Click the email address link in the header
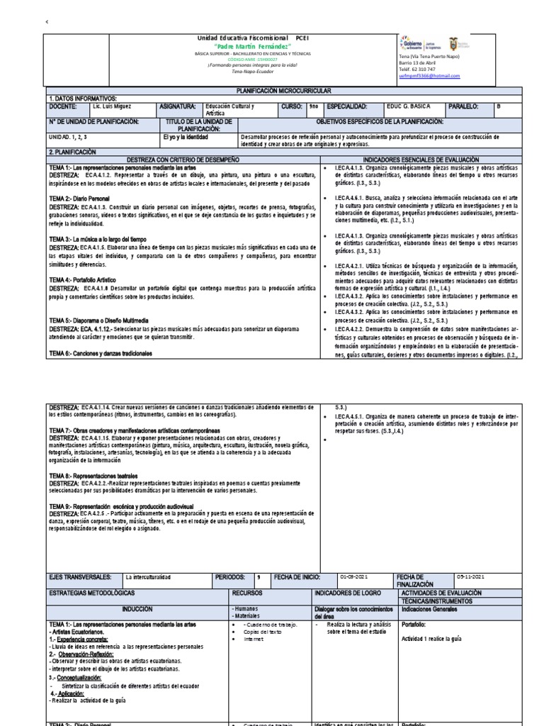pyautogui.click(x=429, y=76)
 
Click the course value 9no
pyautogui.click(x=313, y=106)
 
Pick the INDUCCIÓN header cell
pyautogui.click(x=137, y=608)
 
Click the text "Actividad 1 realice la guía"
pyautogui.click(x=431, y=638)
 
